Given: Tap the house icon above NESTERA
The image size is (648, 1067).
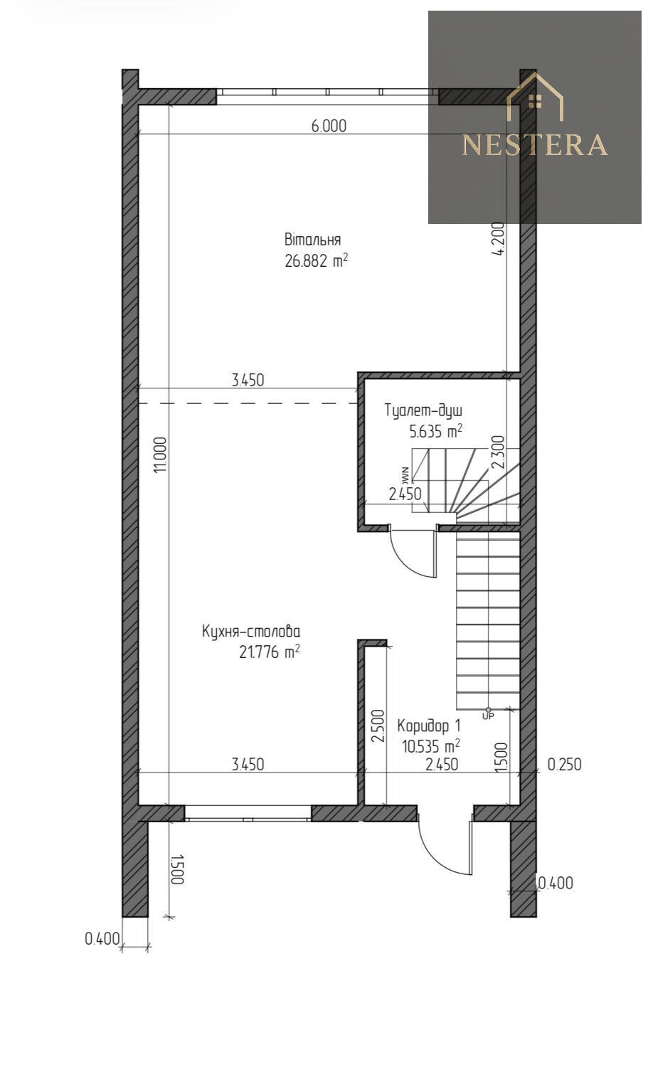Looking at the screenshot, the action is [535, 97].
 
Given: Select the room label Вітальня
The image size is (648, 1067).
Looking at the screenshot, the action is [312, 238].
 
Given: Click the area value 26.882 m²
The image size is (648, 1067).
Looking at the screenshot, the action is [316, 260].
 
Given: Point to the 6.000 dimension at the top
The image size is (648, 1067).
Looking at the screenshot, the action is [329, 126].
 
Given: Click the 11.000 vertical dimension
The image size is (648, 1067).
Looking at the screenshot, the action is [161, 455].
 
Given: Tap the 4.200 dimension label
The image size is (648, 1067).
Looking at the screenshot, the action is [497, 238].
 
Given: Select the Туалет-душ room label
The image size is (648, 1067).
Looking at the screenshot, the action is [423, 410].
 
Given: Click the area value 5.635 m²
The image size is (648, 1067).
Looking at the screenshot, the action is [435, 431].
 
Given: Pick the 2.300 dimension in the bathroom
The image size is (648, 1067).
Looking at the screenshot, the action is [497, 452].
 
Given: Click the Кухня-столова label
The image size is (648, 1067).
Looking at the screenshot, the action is [251, 632].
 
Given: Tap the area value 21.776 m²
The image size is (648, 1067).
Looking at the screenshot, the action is [269, 652].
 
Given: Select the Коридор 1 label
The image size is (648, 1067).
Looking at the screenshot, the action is [429, 726].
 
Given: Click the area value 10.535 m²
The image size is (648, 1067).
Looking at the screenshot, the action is [431, 745].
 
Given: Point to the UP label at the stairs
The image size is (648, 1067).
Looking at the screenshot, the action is [489, 716].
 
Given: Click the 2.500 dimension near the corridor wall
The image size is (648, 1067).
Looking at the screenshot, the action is [378, 726].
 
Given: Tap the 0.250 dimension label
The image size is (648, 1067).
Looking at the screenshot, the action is [564, 765].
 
